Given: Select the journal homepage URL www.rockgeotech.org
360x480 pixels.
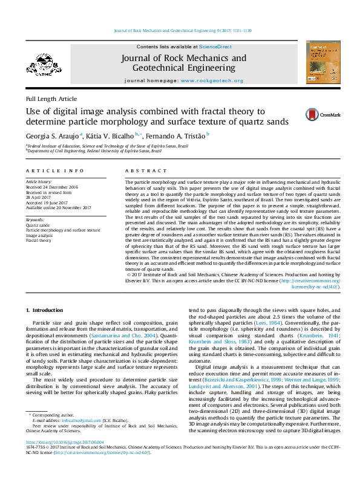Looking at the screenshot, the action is coord(212,80).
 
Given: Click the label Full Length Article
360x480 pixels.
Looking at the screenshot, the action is coord(51,99).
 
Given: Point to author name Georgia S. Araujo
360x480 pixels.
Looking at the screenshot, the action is coord(52,136).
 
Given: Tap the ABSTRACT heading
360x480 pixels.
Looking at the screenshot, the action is coord(139,171).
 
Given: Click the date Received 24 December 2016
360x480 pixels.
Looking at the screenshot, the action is coord(52,187).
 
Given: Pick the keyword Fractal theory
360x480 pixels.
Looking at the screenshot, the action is coord(38,240).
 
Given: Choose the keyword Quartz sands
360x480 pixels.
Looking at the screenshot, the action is coord(38,225).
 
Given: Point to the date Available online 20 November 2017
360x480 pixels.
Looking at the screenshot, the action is coord(58,207).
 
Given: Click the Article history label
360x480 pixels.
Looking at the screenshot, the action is coord(39,181).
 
